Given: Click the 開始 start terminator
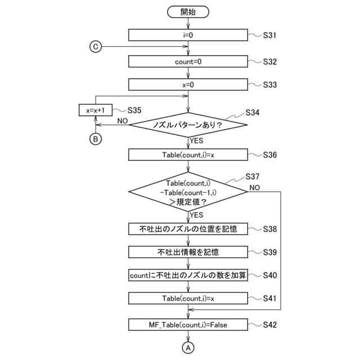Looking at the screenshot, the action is [188, 12].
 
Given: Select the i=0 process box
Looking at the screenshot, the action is [188, 35].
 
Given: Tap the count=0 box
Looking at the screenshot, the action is [188, 61].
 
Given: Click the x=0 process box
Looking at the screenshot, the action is [188, 85].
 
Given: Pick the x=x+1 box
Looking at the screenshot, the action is [96, 110].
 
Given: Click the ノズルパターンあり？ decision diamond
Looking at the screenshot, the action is [188, 125].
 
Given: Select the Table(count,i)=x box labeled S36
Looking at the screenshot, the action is [188, 155].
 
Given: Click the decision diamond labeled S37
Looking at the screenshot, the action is [188, 192].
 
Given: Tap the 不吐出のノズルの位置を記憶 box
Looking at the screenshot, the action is [188, 229].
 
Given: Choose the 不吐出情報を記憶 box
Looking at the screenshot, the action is [188, 252].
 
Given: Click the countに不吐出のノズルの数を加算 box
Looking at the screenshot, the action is [188, 275].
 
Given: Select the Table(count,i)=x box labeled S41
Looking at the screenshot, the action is [188, 298].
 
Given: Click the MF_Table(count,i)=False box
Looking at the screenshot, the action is [188, 325].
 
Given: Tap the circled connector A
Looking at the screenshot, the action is [188, 348].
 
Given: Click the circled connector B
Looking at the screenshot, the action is [96, 139].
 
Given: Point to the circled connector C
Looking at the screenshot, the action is [96, 47].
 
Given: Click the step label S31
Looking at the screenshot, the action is [269, 35].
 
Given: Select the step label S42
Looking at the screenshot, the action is [270, 325].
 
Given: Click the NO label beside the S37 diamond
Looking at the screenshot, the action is [255, 188].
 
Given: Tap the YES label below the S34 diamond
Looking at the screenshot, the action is [196, 141].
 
